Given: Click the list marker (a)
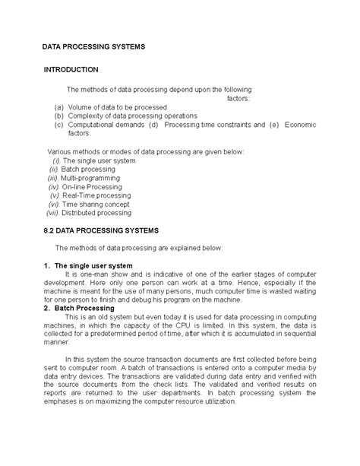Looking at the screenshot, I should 58,108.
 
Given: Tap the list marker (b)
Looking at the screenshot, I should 58,116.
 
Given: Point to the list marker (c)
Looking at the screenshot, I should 58,124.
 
